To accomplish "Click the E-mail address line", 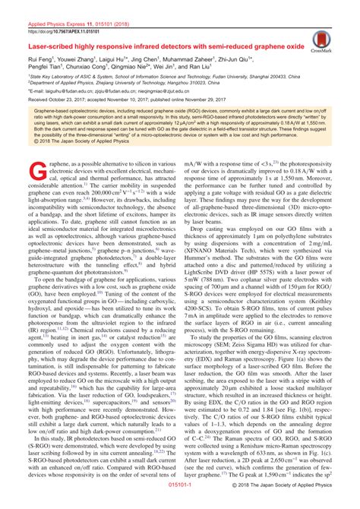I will pos(114,93).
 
